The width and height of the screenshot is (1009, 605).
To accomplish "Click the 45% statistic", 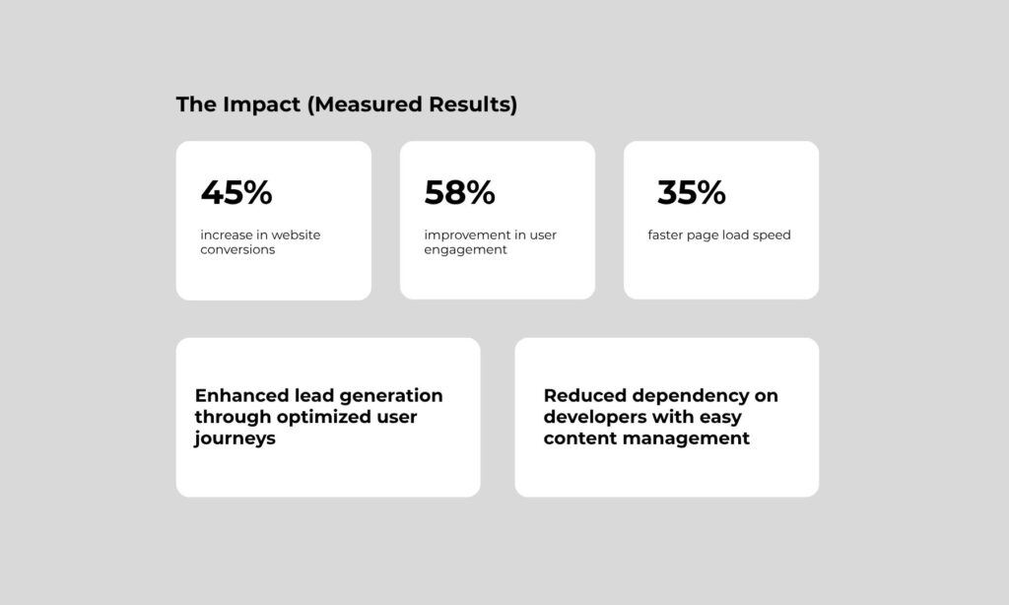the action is click(x=236, y=192).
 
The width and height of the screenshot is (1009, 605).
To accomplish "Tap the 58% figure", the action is click(x=459, y=192).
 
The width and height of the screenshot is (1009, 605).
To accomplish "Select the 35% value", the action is click(x=691, y=192).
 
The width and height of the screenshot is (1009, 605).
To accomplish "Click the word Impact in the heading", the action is click(x=262, y=104).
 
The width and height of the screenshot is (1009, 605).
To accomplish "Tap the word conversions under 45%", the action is click(x=237, y=249).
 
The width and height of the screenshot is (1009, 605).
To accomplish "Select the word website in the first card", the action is click(x=296, y=235).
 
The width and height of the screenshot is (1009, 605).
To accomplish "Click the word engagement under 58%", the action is click(x=465, y=250).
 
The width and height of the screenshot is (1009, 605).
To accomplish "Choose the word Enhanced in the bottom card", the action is click(x=241, y=395).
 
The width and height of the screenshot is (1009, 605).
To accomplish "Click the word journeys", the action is click(x=235, y=438).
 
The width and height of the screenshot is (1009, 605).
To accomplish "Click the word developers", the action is click(x=594, y=418).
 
